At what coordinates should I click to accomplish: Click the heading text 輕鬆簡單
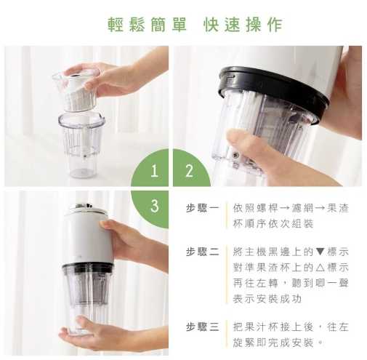pos(147,25)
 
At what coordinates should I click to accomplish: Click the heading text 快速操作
pos(243,25)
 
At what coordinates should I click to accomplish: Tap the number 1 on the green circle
pos(154,171)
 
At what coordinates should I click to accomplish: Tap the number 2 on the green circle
pos(189,171)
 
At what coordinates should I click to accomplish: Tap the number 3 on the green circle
pos(155,206)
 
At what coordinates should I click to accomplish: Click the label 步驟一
pos(202,208)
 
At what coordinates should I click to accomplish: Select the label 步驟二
pos(202,252)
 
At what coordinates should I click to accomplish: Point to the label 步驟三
pos(202,327)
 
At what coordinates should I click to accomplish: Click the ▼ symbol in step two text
pos(320,252)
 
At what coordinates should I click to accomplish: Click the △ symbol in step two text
pos(320,268)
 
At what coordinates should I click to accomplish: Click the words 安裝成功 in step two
pos(279,299)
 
